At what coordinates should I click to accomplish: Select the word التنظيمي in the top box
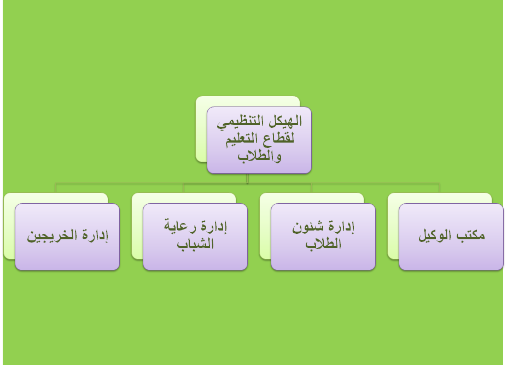pos(243,123)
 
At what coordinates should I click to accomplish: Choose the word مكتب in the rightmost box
pos(470,235)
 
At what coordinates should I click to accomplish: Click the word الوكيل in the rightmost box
pos(436,235)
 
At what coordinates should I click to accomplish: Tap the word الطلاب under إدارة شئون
pos(323,243)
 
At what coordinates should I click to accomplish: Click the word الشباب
pos(195,243)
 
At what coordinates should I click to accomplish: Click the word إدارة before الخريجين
pos(95,235)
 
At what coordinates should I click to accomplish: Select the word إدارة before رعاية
pos(213,226)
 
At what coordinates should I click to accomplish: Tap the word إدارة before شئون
pos(341,227)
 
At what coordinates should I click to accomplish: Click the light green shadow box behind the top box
pos(201,129)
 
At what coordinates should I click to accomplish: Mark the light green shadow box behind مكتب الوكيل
pos(393,226)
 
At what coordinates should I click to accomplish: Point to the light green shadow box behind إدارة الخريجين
pos(9,226)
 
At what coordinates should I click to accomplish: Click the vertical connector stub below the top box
pos(247,179)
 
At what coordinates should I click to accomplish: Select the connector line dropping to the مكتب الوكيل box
pos(439,188)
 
